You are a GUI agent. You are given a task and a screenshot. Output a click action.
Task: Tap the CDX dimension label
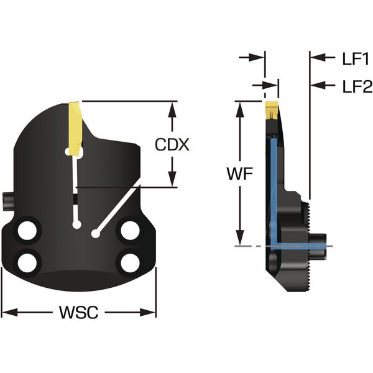(172, 145)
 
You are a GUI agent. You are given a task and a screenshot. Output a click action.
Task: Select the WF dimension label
(240, 175)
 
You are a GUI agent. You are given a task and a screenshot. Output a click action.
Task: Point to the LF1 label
(356, 58)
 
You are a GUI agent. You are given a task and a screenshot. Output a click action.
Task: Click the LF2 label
(356, 85)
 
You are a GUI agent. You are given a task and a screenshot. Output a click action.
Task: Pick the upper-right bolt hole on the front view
(130, 231)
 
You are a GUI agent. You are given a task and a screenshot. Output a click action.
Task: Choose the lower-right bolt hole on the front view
(130, 261)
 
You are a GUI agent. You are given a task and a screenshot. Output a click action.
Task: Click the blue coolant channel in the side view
(272, 186)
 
